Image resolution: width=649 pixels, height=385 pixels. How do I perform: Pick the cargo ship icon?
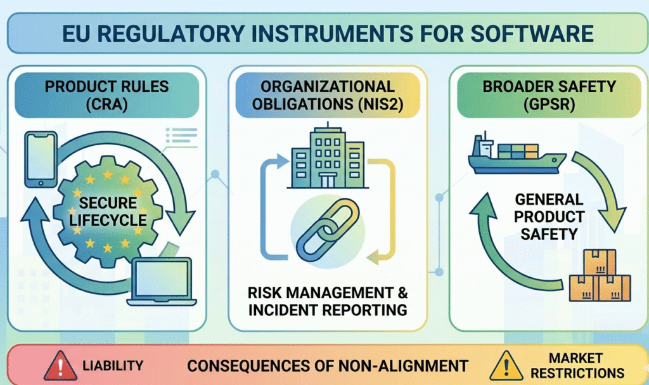pos(513,154)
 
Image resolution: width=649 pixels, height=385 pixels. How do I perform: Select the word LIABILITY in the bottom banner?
pos(113,366)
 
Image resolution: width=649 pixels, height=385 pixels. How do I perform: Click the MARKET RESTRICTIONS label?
pos(575,365)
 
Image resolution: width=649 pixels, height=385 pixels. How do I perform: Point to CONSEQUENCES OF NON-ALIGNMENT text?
pos(328,366)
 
